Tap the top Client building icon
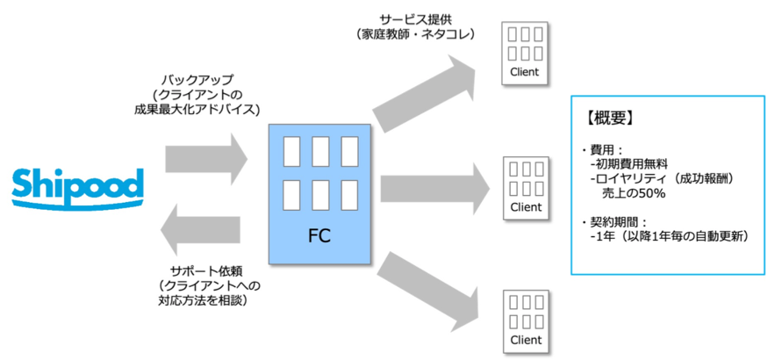coord(526,53)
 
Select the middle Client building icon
coord(526,187)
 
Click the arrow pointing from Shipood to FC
coord(207,157)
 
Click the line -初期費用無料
coord(630,162)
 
